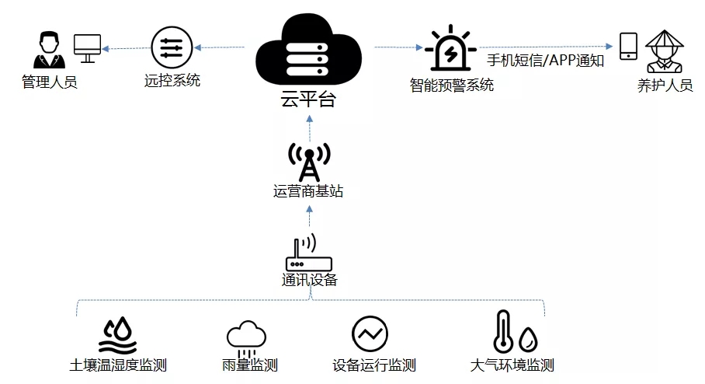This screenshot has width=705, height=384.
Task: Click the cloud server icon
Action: click(x=309, y=51)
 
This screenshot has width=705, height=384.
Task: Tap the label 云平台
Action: click(x=309, y=101)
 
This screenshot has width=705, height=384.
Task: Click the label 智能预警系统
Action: click(x=452, y=85)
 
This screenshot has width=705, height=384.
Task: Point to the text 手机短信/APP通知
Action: click(x=545, y=60)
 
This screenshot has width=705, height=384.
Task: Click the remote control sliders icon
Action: click(x=172, y=47)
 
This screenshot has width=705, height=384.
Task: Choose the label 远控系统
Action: click(x=172, y=79)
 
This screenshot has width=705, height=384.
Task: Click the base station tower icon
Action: click(x=308, y=160)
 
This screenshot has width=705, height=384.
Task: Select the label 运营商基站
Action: click(x=308, y=191)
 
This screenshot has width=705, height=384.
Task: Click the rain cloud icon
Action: click(x=245, y=336)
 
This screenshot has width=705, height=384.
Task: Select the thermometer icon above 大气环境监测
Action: click(x=503, y=332)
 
